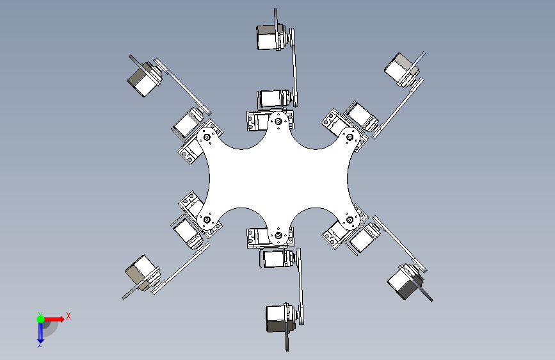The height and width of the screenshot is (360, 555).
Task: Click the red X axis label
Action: tap(68, 316)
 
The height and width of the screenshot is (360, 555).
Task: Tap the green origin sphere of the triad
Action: tap(40, 319)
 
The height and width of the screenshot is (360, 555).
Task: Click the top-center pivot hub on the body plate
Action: tap(278, 122)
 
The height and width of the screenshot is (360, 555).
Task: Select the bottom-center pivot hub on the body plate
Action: tap(278, 235)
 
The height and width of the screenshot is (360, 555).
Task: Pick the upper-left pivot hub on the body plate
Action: tap(207, 137)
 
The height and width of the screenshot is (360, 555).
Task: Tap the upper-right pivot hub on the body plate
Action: tap(350, 137)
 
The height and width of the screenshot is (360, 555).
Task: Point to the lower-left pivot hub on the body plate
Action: tap(207, 220)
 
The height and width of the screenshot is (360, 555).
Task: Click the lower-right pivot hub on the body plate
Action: tap(350, 220)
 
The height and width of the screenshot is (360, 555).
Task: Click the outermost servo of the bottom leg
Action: tap(280, 318)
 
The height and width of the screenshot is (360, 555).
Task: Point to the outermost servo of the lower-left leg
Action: tap(142, 273)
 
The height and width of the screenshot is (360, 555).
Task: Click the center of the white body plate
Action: tap(278, 178)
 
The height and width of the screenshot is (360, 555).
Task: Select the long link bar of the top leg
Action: tap(293, 67)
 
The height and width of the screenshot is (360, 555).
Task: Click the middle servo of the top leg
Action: tap(275, 98)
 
